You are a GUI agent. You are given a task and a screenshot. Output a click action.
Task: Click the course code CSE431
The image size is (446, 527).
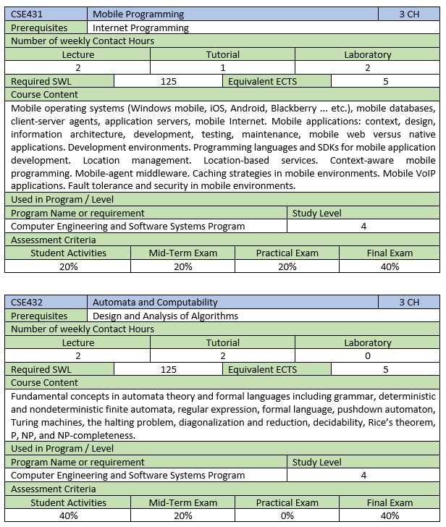tap(28, 14)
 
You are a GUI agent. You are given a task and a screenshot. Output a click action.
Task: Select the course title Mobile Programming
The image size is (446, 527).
tap(138, 14)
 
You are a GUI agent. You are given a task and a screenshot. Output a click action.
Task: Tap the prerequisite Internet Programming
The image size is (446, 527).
tap(140, 28)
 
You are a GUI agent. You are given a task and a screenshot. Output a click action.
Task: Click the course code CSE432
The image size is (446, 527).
tap(28, 302)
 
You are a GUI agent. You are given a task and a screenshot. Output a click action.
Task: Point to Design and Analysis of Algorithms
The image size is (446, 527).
tap(165, 316)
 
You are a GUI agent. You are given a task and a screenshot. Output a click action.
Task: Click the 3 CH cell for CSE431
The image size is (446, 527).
tap(408, 14)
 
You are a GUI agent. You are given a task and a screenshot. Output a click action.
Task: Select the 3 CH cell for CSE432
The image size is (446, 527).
tap(408, 302)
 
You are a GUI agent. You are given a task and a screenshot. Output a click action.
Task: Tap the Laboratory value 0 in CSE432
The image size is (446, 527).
tap(367, 356)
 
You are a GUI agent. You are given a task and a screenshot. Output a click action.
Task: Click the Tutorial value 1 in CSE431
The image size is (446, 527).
tap(222, 67)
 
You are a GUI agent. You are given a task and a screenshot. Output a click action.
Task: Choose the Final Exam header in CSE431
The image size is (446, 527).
tap(390, 253)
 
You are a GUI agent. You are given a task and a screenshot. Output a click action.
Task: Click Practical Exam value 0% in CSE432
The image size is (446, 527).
tap(287, 515)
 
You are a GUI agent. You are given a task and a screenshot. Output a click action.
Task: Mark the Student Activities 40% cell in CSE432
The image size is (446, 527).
tap(68, 515)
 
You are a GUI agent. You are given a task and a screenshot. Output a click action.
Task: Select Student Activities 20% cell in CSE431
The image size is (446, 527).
tap(68, 266)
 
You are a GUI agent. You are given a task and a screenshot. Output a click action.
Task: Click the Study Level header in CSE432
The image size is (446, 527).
tap(316, 462)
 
